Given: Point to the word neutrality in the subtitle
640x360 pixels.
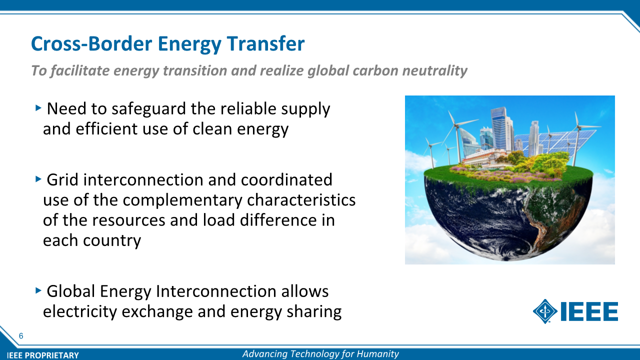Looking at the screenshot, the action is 434,70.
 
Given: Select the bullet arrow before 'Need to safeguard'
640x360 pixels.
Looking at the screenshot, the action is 38,107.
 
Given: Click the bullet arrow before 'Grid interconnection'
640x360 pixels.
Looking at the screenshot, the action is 38,179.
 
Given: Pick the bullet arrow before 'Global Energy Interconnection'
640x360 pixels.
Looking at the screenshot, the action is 38,290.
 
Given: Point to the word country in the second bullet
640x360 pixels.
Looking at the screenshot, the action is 112,240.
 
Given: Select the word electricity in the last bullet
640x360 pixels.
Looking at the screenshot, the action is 80,311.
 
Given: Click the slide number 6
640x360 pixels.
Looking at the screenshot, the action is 21,336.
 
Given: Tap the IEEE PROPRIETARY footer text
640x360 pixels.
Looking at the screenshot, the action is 43,355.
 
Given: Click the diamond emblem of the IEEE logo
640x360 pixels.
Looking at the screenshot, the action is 545,311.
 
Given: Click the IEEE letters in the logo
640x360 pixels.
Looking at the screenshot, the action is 589,311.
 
